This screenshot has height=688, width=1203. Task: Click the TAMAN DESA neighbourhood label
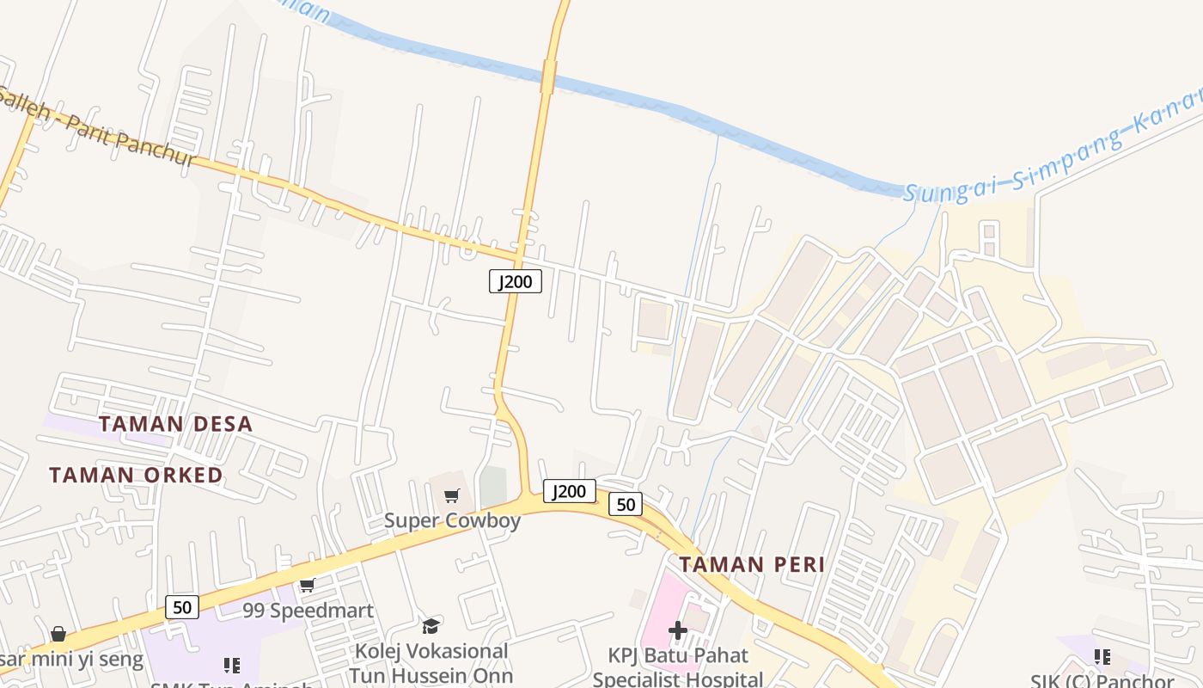(x=175, y=423)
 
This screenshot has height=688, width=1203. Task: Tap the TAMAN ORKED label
(x=136, y=475)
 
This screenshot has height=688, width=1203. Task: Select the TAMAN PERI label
(x=752, y=564)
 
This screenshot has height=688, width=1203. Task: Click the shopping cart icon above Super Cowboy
(x=451, y=495)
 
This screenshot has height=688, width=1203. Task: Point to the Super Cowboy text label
(x=452, y=520)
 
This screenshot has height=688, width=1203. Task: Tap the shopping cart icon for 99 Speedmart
(x=307, y=586)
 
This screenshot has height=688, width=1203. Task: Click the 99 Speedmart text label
(x=308, y=611)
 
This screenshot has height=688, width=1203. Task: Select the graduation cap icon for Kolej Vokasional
(x=431, y=626)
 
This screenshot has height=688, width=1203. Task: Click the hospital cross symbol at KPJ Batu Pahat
(x=678, y=630)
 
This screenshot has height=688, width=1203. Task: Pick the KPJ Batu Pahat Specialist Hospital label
(x=678, y=666)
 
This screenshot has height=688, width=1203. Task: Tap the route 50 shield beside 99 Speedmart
(x=182, y=607)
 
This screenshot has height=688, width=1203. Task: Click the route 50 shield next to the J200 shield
(x=626, y=505)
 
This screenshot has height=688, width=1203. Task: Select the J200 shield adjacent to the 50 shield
(x=569, y=491)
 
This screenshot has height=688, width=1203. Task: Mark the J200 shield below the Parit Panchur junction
(x=516, y=281)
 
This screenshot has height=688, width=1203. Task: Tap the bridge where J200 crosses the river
(x=548, y=76)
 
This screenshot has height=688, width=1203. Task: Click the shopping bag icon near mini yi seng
(x=58, y=634)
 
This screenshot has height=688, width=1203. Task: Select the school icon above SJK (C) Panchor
(x=1102, y=657)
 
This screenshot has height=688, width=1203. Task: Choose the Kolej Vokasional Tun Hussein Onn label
(x=431, y=663)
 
